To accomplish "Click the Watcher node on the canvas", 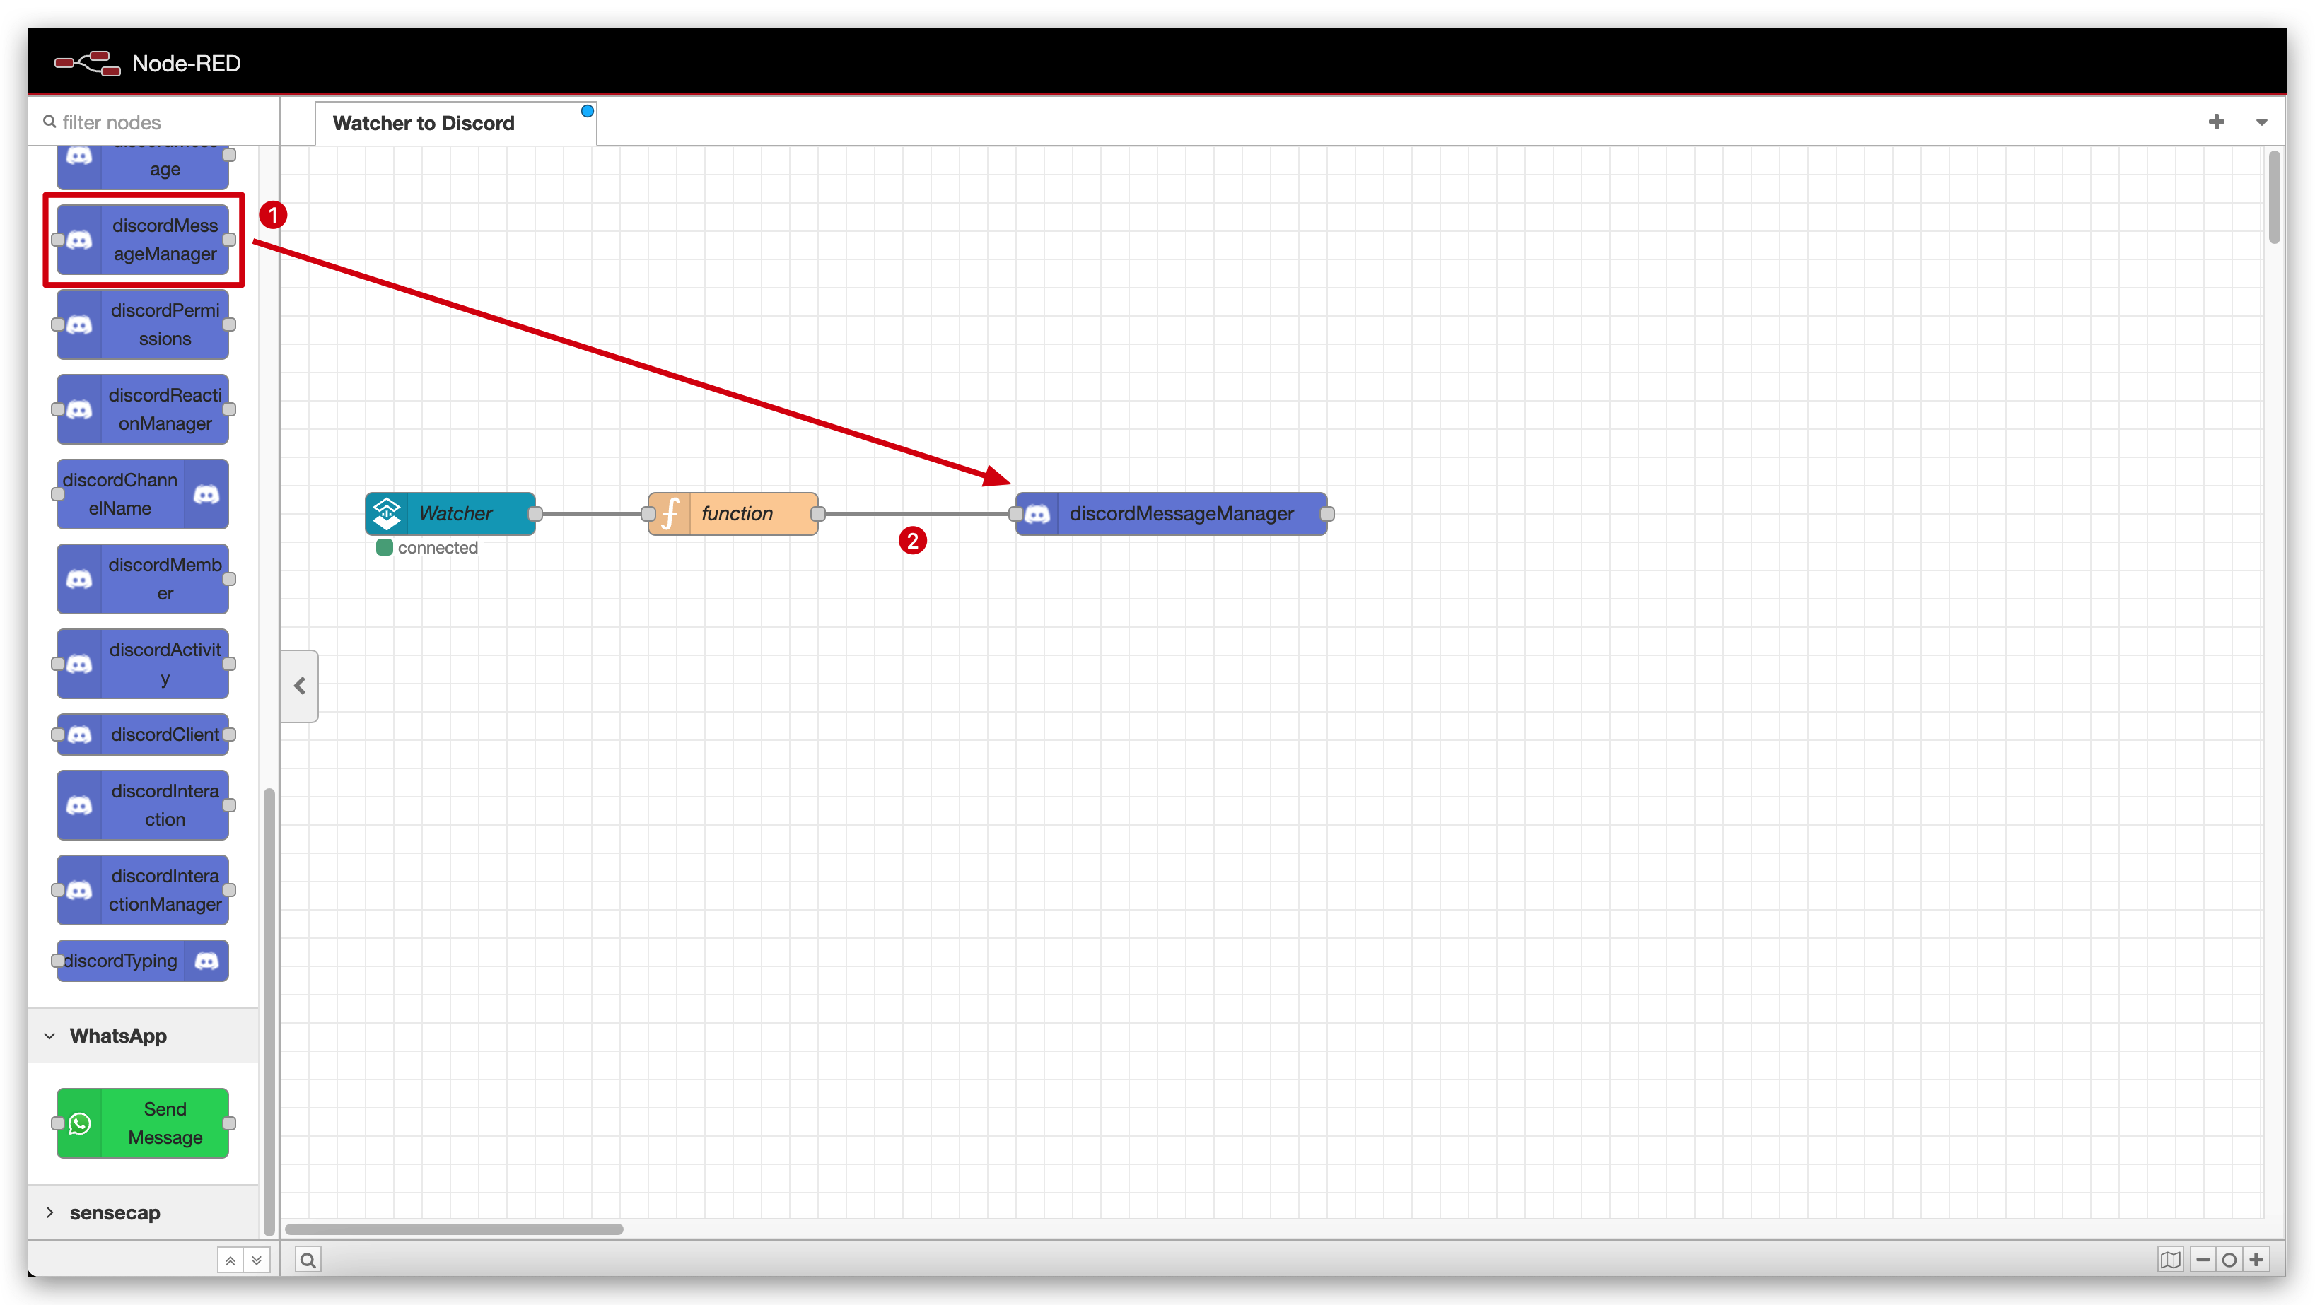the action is coord(450,513).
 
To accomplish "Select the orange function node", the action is coord(733,513).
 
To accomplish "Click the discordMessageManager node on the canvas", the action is coord(1171,513).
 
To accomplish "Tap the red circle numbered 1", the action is coord(273,215).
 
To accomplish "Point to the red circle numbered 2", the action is coord(913,540).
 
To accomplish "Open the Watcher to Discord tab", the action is coord(424,123).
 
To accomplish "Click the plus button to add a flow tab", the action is coord(2216,122).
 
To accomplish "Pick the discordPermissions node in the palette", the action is coord(143,324).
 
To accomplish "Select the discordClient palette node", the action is coord(143,735).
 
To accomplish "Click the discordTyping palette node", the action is coord(143,961).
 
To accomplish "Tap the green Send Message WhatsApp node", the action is coord(143,1123).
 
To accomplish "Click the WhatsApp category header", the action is coord(117,1036).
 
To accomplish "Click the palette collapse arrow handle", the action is coord(299,686).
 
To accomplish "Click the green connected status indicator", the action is coord(385,547).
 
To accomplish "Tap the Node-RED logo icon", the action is coord(87,63).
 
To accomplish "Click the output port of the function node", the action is coord(818,513).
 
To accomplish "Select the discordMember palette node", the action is coord(143,579).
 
